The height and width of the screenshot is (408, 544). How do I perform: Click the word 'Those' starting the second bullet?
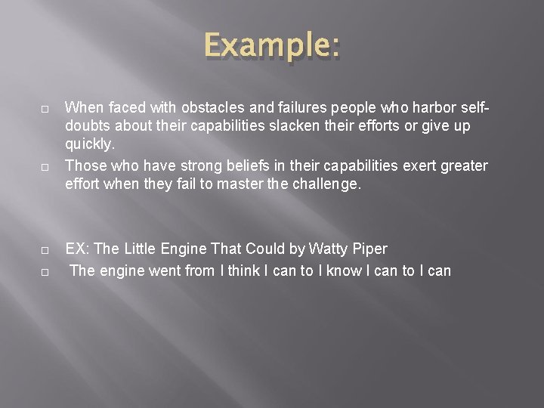(x=84, y=165)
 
